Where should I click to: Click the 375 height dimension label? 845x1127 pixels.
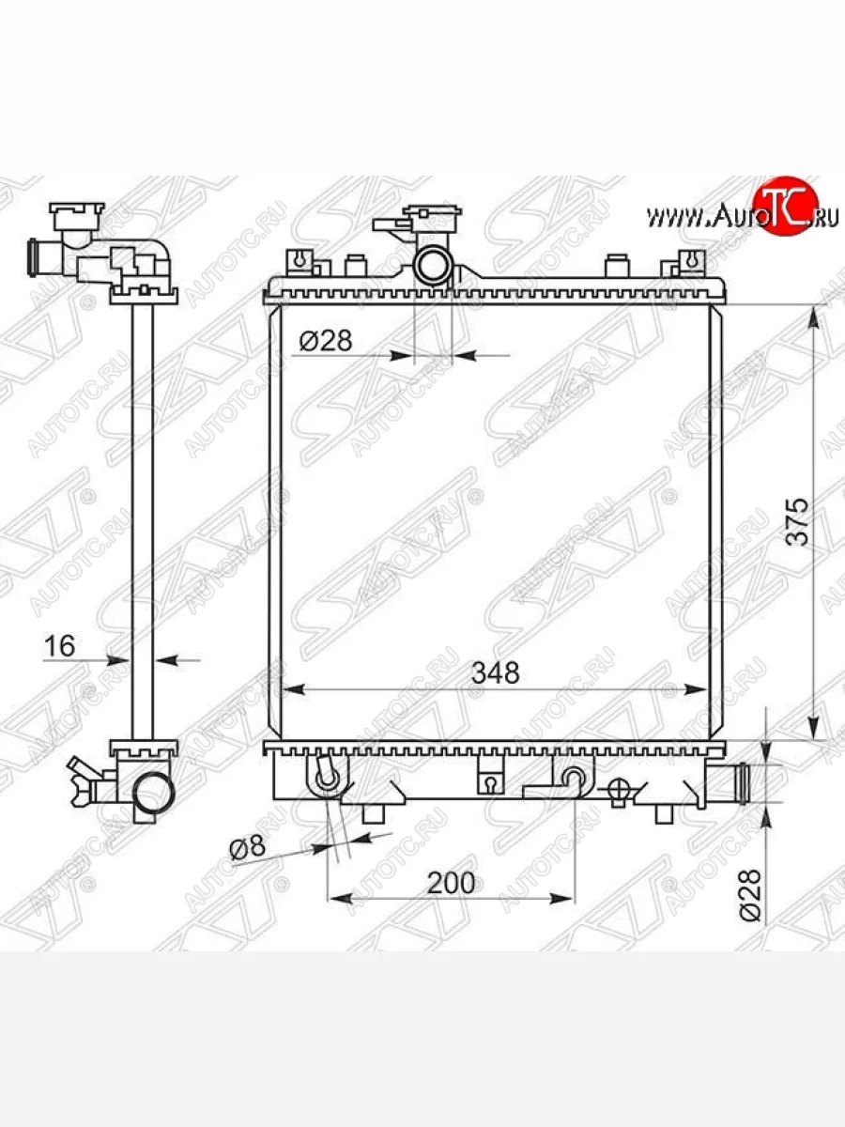point(798,521)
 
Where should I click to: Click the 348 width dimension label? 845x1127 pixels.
point(495,672)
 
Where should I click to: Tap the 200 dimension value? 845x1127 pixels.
point(451,883)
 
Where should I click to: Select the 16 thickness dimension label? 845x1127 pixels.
point(59,645)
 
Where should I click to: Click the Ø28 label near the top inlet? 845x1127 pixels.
point(326,340)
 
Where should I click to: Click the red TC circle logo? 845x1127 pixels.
point(785,207)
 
